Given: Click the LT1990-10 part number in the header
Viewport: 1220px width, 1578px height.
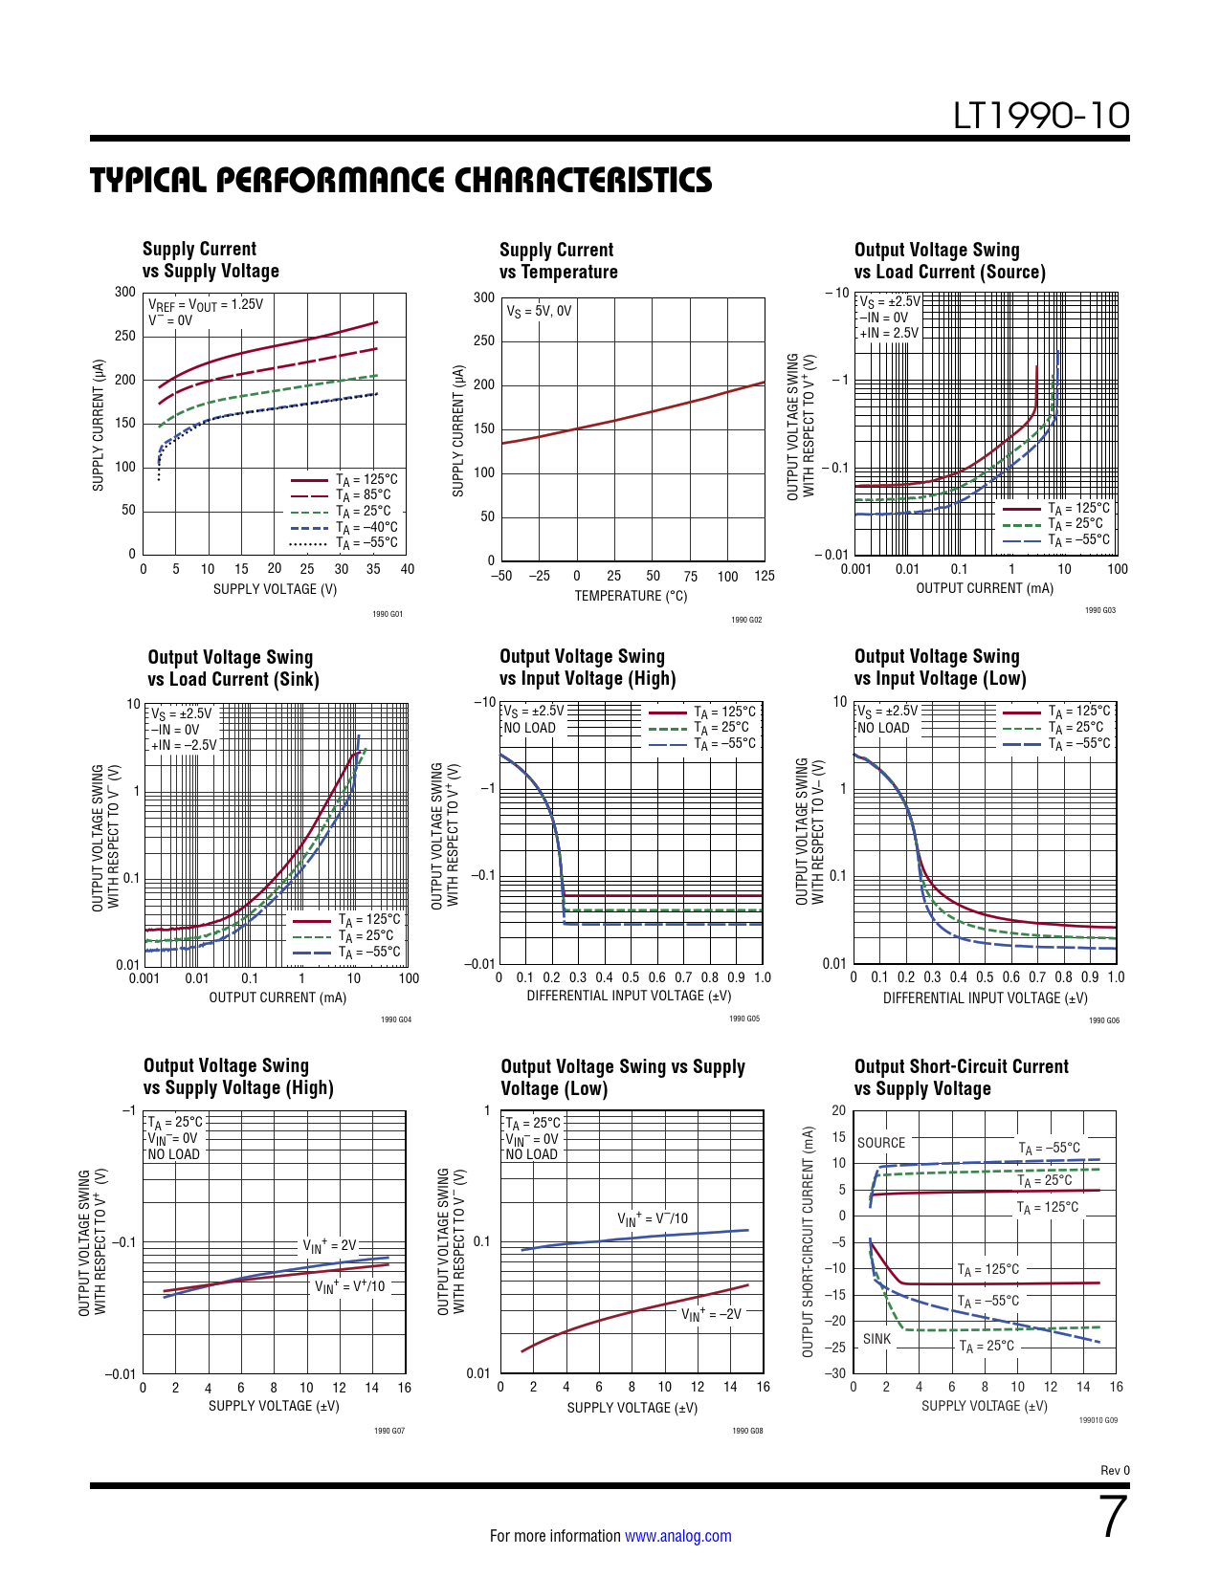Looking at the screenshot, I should point(1041,116).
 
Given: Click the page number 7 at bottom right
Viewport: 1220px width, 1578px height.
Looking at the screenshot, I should point(1113,1518).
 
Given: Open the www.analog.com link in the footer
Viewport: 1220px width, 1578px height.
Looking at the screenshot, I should point(677,1536).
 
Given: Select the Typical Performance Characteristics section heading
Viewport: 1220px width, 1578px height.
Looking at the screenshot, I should point(401,180).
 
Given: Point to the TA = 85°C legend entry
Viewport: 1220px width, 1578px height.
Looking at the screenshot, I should point(363,495).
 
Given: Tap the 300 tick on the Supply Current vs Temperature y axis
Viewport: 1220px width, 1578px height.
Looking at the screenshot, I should point(484,297).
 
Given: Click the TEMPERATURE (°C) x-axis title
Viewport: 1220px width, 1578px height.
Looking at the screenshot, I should point(631,596).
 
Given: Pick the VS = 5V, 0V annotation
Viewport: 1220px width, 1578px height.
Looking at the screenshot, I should point(539,311).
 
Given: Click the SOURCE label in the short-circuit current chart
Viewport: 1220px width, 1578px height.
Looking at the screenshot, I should point(880,1143).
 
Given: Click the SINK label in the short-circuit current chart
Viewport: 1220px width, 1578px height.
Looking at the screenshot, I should point(876,1339).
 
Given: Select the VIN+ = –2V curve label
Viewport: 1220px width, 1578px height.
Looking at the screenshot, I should point(711,1314).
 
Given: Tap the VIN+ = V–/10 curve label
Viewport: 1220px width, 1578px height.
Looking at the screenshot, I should point(653,1218).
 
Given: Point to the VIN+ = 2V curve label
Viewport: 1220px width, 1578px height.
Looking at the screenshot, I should point(329,1245).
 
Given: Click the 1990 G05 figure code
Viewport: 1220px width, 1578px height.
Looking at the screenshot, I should point(744,1019).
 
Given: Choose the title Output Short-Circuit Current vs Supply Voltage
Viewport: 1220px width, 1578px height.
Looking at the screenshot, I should point(961,1077).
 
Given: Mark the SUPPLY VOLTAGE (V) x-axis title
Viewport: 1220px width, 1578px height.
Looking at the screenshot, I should point(275,589).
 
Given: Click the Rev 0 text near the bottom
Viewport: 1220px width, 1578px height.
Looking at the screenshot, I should point(1115,1470).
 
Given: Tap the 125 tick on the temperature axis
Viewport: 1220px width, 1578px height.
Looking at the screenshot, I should point(764,576).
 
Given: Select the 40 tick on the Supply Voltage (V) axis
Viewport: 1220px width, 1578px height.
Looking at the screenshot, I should point(407,569).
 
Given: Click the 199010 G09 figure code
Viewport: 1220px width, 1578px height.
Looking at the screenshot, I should point(1098,1420).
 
